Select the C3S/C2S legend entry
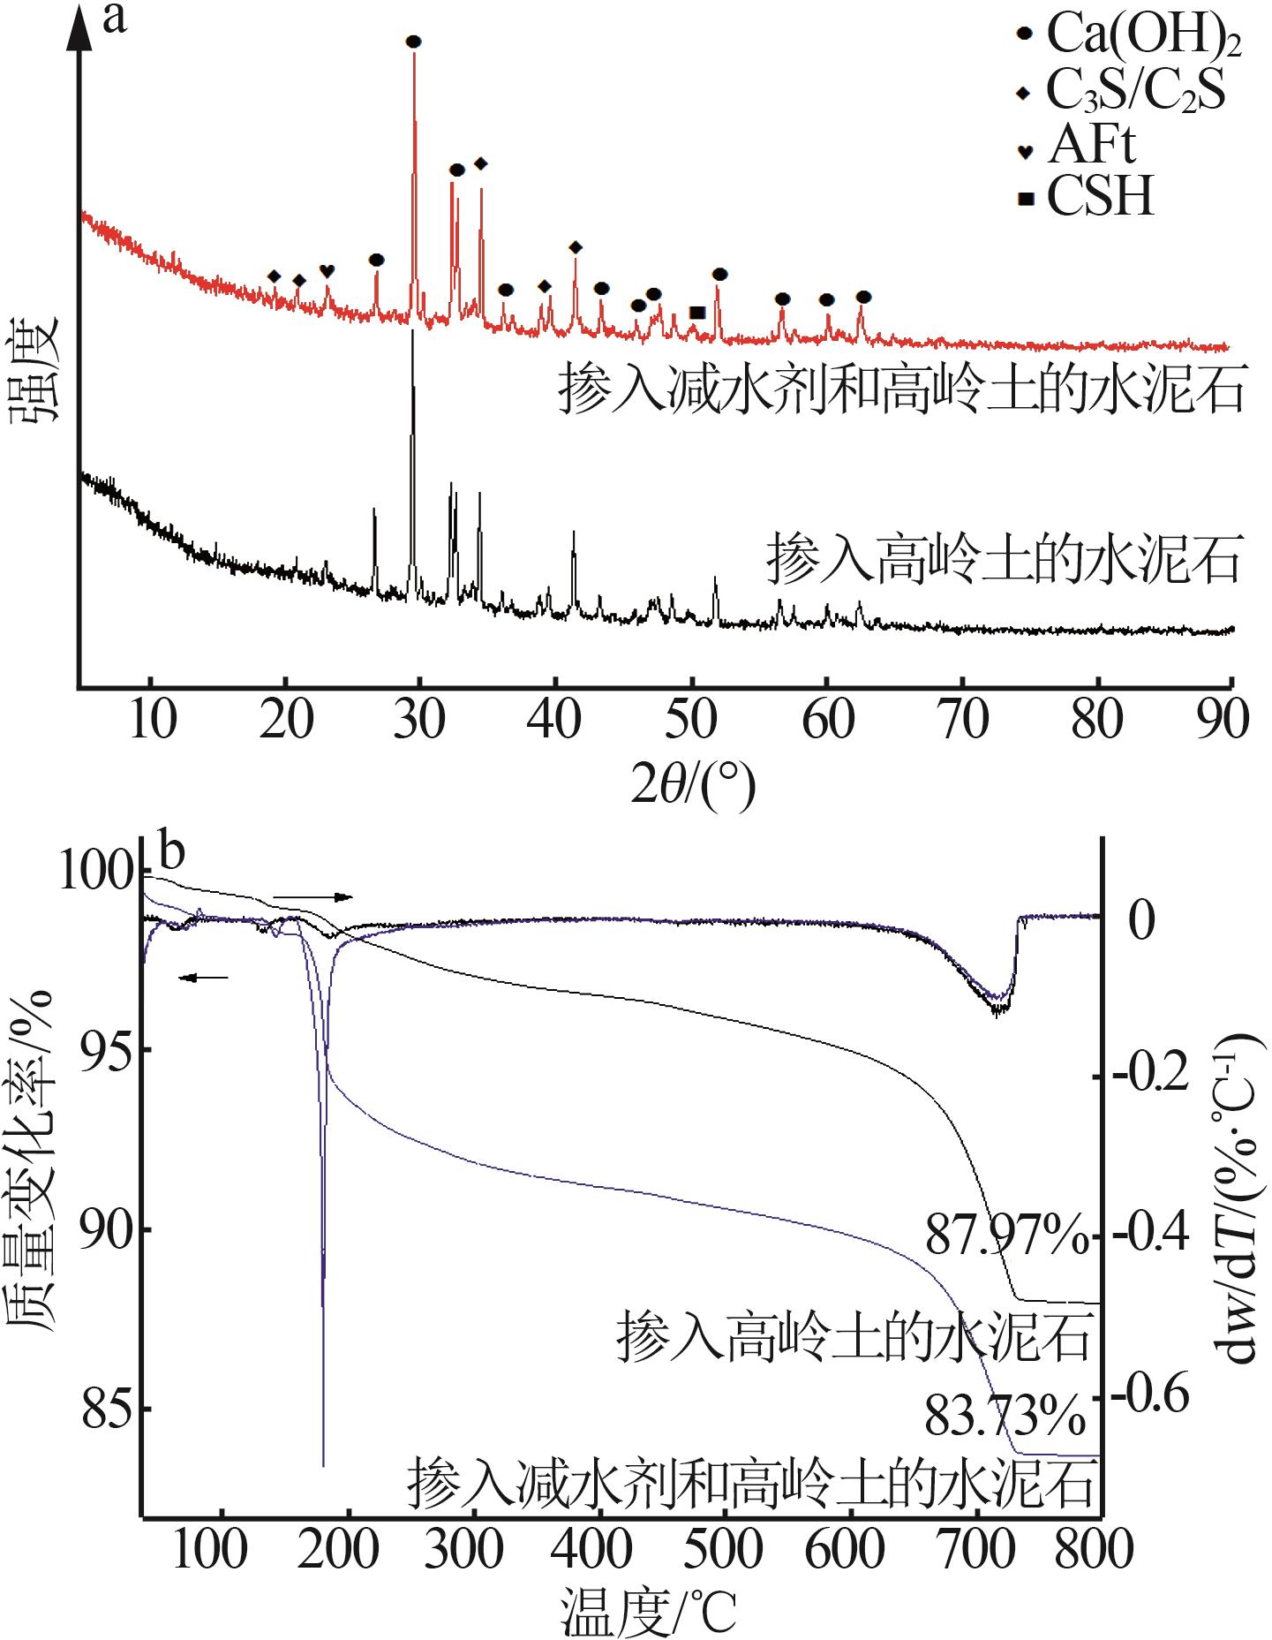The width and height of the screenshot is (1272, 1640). (1122, 90)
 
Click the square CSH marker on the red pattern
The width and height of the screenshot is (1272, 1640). (697, 313)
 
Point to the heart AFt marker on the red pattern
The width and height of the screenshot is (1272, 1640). (327, 270)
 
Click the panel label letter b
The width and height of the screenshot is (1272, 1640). (171, 854)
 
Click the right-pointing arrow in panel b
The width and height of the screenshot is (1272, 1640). (313, 897)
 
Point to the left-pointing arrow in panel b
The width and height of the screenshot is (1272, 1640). (203, 978)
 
